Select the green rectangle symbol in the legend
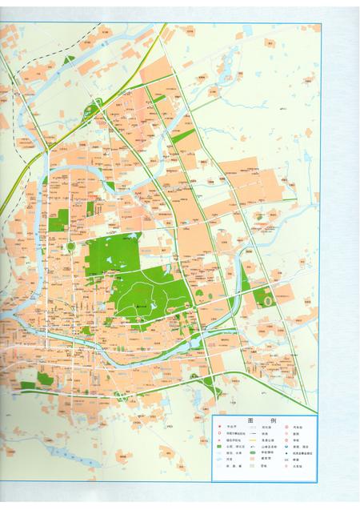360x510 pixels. pyautogui.click(x=219, y=446)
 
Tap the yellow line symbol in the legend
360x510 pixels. pyautogui.click(x=252, y=440)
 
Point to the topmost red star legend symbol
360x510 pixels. pyautogui.click(x=219, y=427)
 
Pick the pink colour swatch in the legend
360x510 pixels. pyautogui.click(x=252, y=459)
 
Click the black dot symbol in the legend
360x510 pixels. pyautogui.click(x=286, y=453)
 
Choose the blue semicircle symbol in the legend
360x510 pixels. pyautogui.click(x=286, y=446)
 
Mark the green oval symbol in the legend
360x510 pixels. pyautogui.click(x=252, y=452)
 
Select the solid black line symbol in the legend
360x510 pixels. pyautogui.click(x=252, y=433)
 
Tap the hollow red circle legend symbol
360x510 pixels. pyautogui.click(x=219, y=433)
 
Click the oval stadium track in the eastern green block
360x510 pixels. pyautogui.click(x=266, y=299)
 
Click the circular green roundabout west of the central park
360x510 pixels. pyautogui.click(x=70, y=246)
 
